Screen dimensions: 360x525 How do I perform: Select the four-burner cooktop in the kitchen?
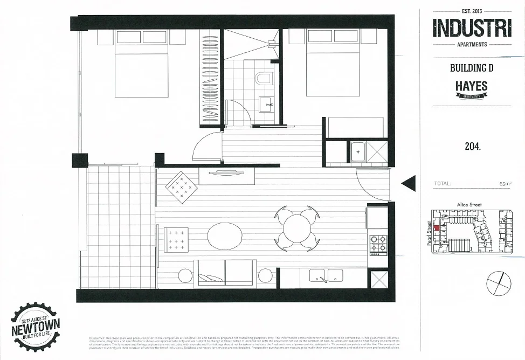tap(378, 244)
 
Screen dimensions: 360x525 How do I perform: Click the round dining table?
tap(296, 229)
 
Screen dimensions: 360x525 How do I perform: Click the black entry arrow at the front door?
tap(408, 184)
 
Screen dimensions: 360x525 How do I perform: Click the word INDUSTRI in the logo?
tap(472, 27)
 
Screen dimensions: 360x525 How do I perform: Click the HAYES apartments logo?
tap(472, 89)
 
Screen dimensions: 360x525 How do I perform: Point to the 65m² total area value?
tap(505, 184)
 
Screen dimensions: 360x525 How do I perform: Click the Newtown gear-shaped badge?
tap(36, 327)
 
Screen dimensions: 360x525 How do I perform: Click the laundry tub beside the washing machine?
tap(357, 151)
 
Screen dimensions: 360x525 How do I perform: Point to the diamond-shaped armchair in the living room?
tap(181, 187)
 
